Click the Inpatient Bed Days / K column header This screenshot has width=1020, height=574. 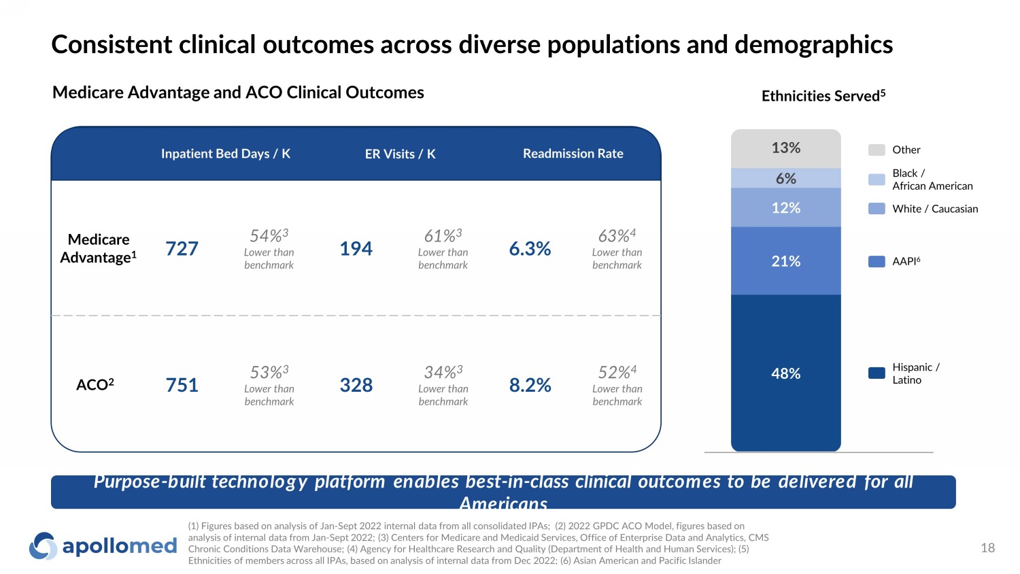(225, 154)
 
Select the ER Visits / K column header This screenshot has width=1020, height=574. (400, 154)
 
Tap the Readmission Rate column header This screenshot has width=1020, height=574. (573, 154)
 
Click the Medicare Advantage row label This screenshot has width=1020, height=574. (99, 248)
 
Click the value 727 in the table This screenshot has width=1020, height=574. (182, 249)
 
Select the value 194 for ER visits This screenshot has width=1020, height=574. (356, 249)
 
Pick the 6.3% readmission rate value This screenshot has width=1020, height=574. (530, 249)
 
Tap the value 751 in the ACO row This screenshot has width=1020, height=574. (182, 386)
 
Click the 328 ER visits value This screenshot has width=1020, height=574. (356, 386)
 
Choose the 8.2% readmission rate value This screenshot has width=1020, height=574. (530, 386)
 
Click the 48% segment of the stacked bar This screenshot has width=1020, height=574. (785, 373)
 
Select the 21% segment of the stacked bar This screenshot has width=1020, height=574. (785, 261)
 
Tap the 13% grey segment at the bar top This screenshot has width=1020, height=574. (785, 148)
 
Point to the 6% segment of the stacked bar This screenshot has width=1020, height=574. (785, 178)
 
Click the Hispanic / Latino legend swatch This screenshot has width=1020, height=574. (877, 373)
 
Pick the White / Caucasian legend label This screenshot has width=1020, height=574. (935, 209)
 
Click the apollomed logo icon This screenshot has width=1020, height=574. (43, 546)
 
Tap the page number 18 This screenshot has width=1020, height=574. (987, 547)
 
